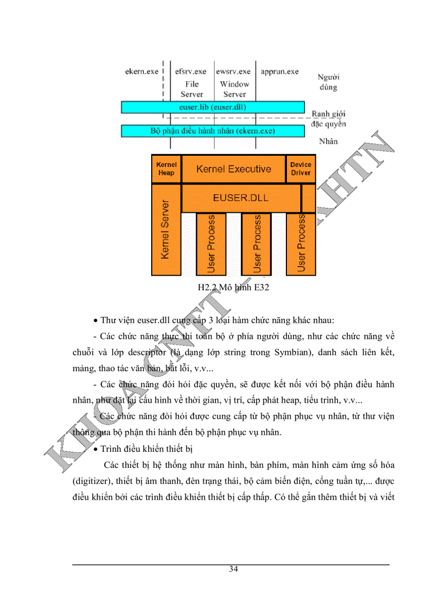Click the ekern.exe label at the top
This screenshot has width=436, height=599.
(x=141, y=71)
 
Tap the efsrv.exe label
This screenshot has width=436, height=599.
(x=191, y=71)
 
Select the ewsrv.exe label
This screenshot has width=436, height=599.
(x=233, y=71)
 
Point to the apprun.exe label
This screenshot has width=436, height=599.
(x=279, y=71)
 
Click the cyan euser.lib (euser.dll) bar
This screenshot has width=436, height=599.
(x=213, y=107)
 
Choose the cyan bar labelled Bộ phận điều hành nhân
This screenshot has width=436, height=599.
(x=213, y=131)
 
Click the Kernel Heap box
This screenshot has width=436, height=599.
(x=166, y=169)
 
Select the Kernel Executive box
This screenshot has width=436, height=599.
(x=233, y=169)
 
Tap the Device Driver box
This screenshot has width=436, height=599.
(x=300, y=169)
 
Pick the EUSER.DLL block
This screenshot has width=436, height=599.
(x=240, y=198)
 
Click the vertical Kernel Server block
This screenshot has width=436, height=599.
(x=166, y=230)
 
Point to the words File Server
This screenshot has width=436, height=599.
(x=192, y=89)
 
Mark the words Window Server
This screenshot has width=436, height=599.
(x=235, y=89)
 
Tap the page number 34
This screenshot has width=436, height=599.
(x=233, y=569)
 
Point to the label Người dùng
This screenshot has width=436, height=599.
(x=329, y=82)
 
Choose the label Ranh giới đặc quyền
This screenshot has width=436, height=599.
(x=329, y=118)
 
